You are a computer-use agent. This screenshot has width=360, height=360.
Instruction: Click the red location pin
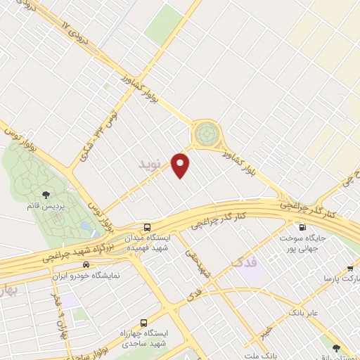click(x=182, y=165)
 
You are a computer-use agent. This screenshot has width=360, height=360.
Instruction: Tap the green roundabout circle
click(x=207, y=131)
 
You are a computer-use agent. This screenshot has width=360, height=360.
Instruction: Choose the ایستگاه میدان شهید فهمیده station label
click(x=148, y=244)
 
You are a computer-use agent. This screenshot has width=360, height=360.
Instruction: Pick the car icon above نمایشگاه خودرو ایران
click(x=85, y=265)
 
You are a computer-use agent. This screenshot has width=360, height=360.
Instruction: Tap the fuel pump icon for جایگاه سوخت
click(x=303, y=227)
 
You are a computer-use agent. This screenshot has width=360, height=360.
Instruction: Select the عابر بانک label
click(x=304, y=311)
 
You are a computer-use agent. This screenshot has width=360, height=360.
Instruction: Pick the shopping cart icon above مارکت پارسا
click(x=350, y=268)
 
